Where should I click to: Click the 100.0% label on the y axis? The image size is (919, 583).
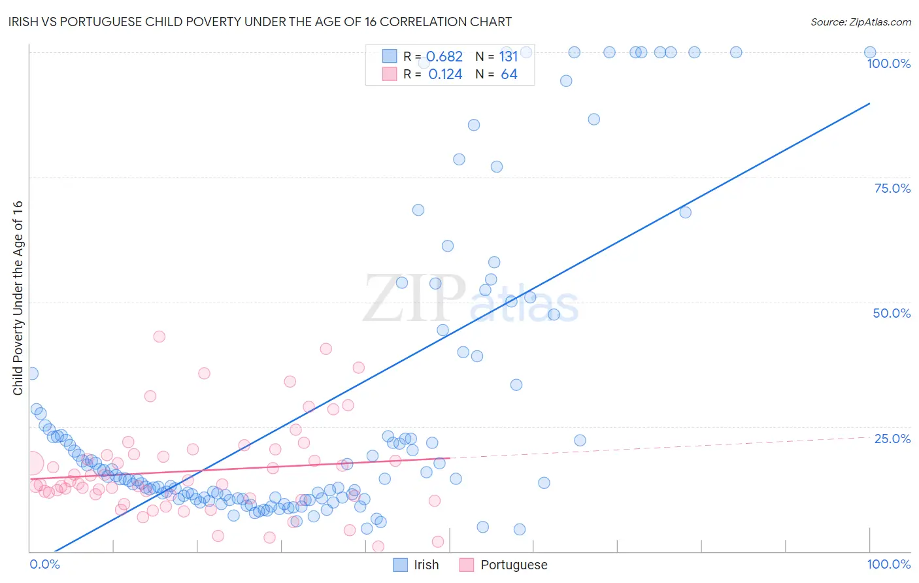point(888,63)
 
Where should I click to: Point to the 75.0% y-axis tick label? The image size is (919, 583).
point(892,188)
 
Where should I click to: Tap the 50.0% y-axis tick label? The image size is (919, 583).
point(892,313)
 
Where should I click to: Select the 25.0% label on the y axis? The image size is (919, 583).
point(892,439)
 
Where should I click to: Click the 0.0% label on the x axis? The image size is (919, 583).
point(45,564)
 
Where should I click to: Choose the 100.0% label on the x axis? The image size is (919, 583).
point(888,564)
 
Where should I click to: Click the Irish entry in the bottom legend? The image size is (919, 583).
point(426,565)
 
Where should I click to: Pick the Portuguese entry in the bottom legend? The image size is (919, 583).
point(514,565)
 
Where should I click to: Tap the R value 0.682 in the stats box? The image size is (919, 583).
point(445,56)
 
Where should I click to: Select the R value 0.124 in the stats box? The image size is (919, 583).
point(445,75)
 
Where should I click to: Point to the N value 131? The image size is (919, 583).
point(509,56)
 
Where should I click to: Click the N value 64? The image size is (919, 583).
point(509,75)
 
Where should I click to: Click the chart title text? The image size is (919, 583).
point(259,22)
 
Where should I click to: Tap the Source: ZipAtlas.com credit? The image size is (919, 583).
point(860,22)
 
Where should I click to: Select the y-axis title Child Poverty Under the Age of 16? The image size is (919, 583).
point(18,297)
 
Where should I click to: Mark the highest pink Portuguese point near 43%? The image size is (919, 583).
point(159,337)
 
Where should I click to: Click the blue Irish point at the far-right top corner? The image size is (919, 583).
point(870,52)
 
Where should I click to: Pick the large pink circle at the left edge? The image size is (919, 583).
point(31,463)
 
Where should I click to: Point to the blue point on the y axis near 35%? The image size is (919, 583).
point(31,374)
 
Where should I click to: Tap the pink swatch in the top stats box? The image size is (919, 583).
point(390,74)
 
